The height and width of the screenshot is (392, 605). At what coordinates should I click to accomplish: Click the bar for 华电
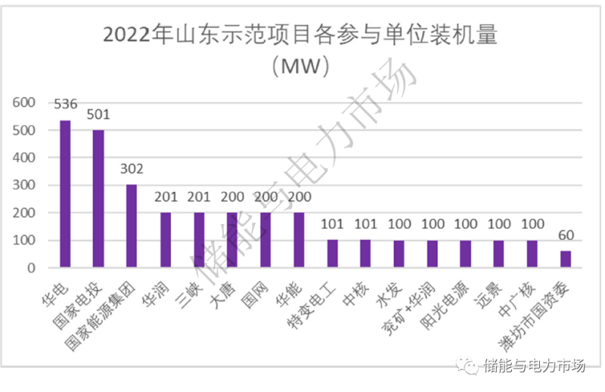(65, 194)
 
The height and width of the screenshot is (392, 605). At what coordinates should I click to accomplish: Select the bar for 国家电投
(98, 199)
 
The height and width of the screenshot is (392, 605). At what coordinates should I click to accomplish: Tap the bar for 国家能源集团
(132, 226)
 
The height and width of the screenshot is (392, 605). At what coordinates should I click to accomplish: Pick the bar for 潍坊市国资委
(566, 260)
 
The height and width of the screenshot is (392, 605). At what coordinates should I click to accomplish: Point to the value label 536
(65, 105)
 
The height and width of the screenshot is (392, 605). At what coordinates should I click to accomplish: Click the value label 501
(98, 115)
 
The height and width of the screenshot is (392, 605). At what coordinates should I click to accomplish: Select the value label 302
(132, 170)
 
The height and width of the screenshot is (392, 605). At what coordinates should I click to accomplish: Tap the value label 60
(566, 236)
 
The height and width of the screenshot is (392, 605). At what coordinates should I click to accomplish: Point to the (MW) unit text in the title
(302, 67)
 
